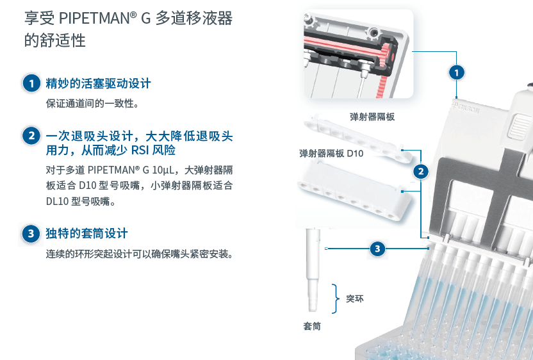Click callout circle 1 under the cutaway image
455,72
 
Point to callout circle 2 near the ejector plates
420,171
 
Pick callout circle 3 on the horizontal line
378,248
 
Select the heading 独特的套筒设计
87,233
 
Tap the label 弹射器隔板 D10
331,154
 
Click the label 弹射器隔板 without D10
372,117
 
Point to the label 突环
354,299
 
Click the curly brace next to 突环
335,299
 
